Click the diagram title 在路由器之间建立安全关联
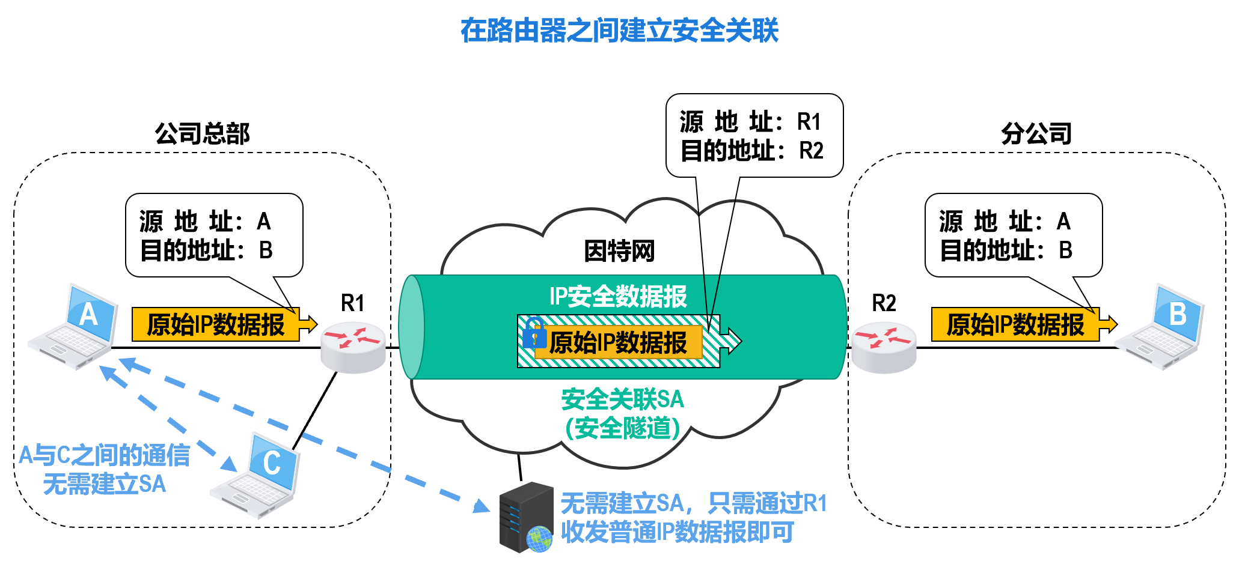click(619, 31)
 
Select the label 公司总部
click(202, 133)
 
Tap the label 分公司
click(1036, 133)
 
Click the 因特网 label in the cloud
click(619, 251)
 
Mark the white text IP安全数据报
click(618, 296)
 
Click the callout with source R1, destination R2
click(754, 136)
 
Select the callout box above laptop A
click(214, 235)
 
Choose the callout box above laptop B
click(1014, 235)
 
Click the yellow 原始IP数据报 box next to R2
click(1015, 324)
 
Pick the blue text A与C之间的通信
click(104, 455)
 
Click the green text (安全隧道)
click(622, 428)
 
